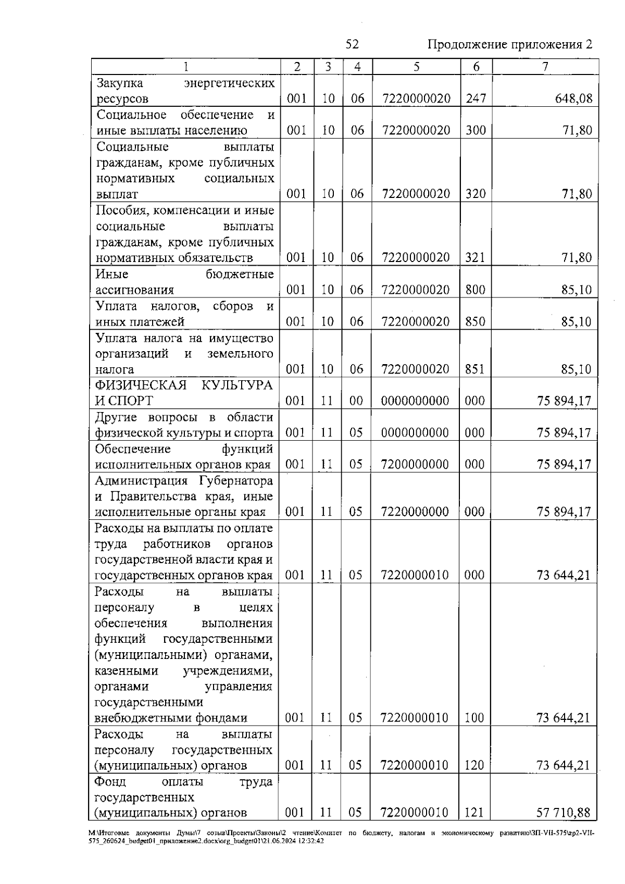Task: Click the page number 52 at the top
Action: pyautogui.click(x=352, y=44)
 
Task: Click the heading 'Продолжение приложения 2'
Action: pyautogui.click(x=509, y=44)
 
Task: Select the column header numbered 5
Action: pyautogui.click(x=416, y=67)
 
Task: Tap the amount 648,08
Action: pyautogui.click(x=574, y=98)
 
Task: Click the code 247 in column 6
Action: pyautogui.click(x=476, y=98)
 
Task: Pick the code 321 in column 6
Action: pyautogui.click(x=475, y=257)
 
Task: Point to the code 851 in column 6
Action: pyautogui.click(x=474, y=369)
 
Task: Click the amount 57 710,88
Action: pyautogui.click(x=563, y=812)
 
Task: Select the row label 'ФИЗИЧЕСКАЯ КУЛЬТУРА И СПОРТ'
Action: pyautogui.click(x=184, y=393)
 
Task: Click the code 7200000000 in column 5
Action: pyautogui.click(x=415, y=464)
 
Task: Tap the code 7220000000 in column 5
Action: pyautogui.click(x=415, y=512)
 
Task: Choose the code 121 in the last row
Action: pyautogui.click(x=474, y=812)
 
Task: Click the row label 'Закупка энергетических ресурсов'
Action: pyautogui.click(x=185, y=91)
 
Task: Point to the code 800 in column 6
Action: pyautogui.click(x=475, y=290)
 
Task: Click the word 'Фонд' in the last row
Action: pyautogui.click(x=110, y=781)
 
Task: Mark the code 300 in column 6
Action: pyautogui.click(x=476, y=130)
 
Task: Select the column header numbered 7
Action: pyautogui.click(x=545, y=67)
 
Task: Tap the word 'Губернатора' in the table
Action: pyautogui.click(x=235, y=480)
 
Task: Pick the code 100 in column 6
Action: pyautogui.click(x=474, y=718)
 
